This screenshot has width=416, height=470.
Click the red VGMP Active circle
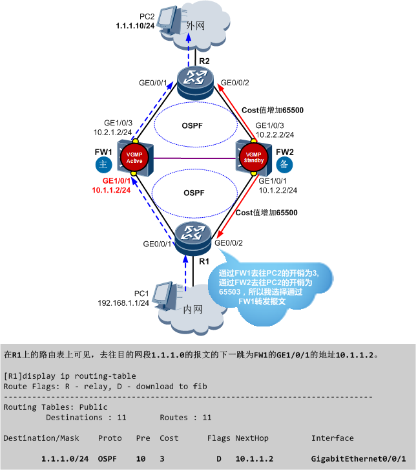[x=135, y=158]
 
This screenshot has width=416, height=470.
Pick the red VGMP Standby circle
[x=254, y=158]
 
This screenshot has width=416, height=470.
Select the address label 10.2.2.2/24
[x=275, y=134]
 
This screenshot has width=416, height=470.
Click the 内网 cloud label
[x=194, y=310]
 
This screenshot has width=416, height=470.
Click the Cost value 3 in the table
[x=162, y=458]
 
